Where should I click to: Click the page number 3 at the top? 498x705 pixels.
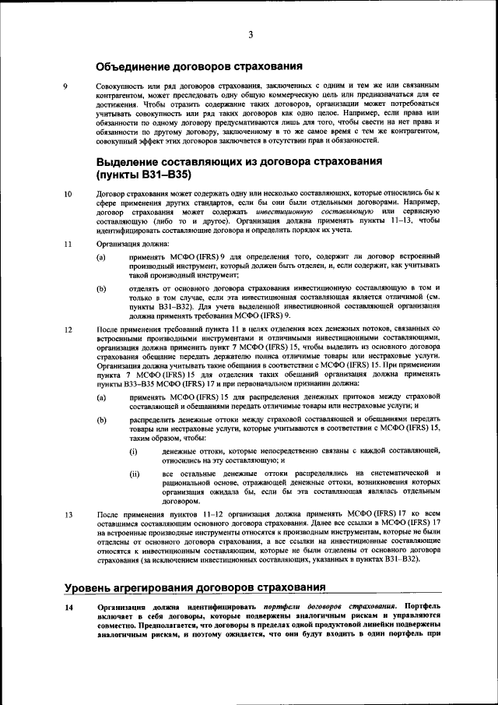pos(251,34)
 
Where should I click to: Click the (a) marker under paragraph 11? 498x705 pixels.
pos(101,257)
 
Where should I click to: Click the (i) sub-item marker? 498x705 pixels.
pos(133,451)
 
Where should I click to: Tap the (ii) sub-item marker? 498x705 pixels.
pos(134,474)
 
